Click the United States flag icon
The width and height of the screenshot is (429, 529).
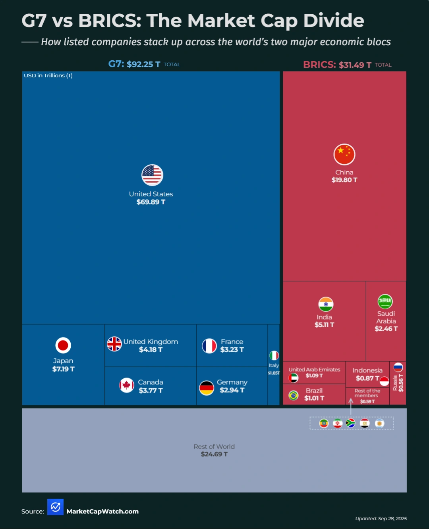click(152, 175)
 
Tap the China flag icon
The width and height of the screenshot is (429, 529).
click(344, 154)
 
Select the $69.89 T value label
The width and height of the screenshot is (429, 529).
click(151, 202)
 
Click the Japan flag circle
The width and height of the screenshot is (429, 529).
click(63, 345)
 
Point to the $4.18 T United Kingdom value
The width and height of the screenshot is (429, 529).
click(151, 349)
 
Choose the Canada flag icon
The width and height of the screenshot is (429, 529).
click(127, 385)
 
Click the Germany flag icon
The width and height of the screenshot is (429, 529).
click(207, 388)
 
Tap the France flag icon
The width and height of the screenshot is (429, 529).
click(209, 346)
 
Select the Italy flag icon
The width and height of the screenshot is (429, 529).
click(274, 355)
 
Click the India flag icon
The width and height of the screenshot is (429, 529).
click(326, 304)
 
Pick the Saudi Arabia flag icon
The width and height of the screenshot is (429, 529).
click(385, 301)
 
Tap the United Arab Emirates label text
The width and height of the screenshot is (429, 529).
click(314, 369)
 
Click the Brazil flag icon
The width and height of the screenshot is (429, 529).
click(294, 395)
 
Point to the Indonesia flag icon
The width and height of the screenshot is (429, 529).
click(384, 381)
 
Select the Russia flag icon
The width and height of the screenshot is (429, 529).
click(398, 367)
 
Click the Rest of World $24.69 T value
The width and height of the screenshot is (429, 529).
click(214, 454)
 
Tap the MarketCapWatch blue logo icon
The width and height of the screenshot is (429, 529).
click(55, 507)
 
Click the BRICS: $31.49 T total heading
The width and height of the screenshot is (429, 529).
click(337, 65)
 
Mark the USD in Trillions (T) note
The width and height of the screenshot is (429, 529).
click(48, 75)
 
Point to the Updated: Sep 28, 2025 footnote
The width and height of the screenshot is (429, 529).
click(381, 518)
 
